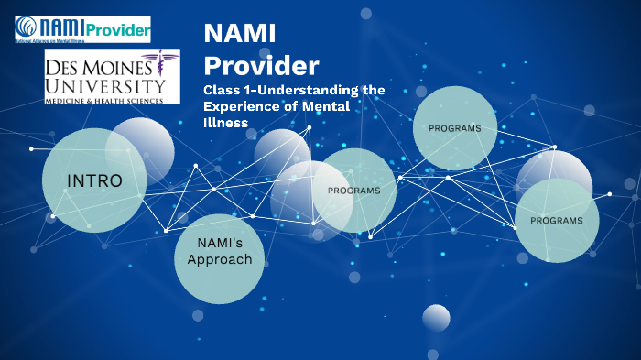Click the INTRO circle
pos(93,180)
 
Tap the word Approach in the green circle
pos(219,260)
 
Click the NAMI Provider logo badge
pos(82,30)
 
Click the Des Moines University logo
pos(112,77)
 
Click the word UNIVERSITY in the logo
pos(99,84)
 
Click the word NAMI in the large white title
pos(239,34)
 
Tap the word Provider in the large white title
pos(261,66)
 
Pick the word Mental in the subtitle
pos(354,107)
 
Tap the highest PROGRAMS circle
pos(455,128)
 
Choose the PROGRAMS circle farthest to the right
pos(557,221)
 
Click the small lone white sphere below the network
pos(436,318)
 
